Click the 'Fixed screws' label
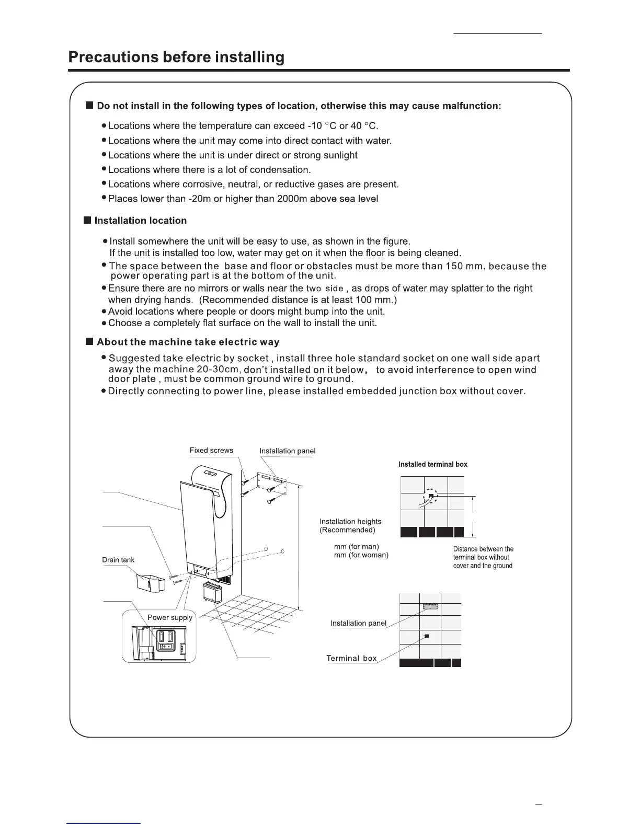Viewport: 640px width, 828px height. [x=211, y=450]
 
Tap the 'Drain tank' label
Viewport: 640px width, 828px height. [x=118, y=560]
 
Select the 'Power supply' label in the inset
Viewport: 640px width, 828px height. [x=170, y=617]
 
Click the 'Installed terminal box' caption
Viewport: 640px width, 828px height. [x=433, y=464]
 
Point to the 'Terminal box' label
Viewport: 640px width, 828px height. [x=351, y=658]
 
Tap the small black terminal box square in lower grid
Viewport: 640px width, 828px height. [x=427, y=636]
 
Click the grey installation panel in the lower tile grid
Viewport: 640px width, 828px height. [x=430, y=606]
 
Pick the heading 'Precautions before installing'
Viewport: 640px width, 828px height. [x=177, y=57]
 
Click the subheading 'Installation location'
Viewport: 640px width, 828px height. [x=140, y=221]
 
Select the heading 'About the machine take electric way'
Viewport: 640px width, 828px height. [x=188, y=342]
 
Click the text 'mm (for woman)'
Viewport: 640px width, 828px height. [x=361, y=555]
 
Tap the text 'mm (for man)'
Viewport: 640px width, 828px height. [x=357, y=547]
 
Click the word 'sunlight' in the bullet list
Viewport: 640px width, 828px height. [x=340, y=155]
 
